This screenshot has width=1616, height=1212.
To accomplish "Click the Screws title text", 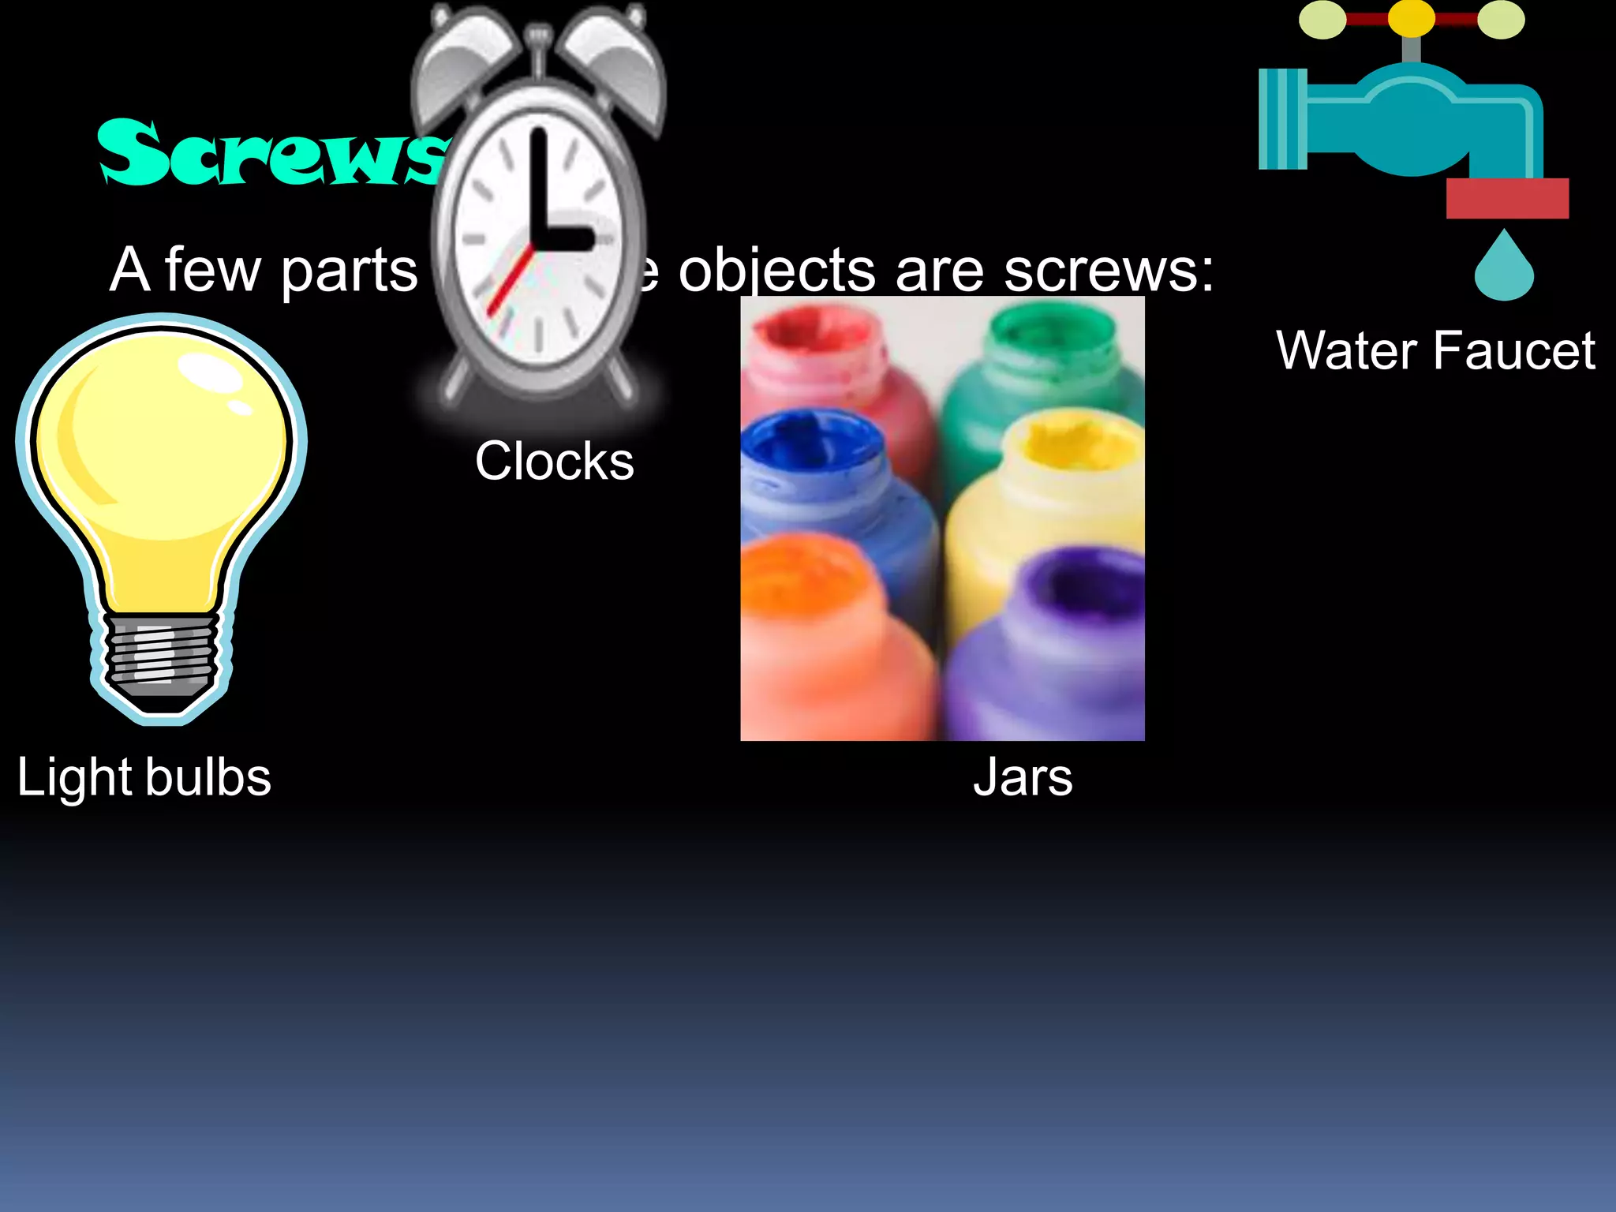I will pyautogui.click(x=268, y=154).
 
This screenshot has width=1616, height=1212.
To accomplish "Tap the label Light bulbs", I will pyautogui.click(x=144, y=777).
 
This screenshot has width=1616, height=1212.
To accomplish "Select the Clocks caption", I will pyautogui.click(x=554, y=461).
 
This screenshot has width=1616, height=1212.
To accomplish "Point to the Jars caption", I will pyautogui.click(x=1023, y=777).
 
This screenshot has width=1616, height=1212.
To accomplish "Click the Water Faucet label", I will pyautogui.click(x=1435, y=350).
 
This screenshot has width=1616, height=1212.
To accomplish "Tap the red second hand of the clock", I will pyautogui.click(x=510, y=280).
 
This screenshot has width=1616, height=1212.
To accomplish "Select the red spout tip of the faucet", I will pyautogui.click(x=1507, y=198).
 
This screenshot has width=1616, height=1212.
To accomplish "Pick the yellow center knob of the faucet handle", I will pyautogui.click(x=1411, y=17).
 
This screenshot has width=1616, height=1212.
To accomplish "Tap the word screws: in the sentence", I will pyautogui.click(x=1109, y=271).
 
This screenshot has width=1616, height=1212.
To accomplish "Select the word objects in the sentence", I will pyautogui.click(x=777, y=271).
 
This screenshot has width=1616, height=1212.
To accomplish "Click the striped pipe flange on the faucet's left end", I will pyautogui.click(x=1282, y=119).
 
